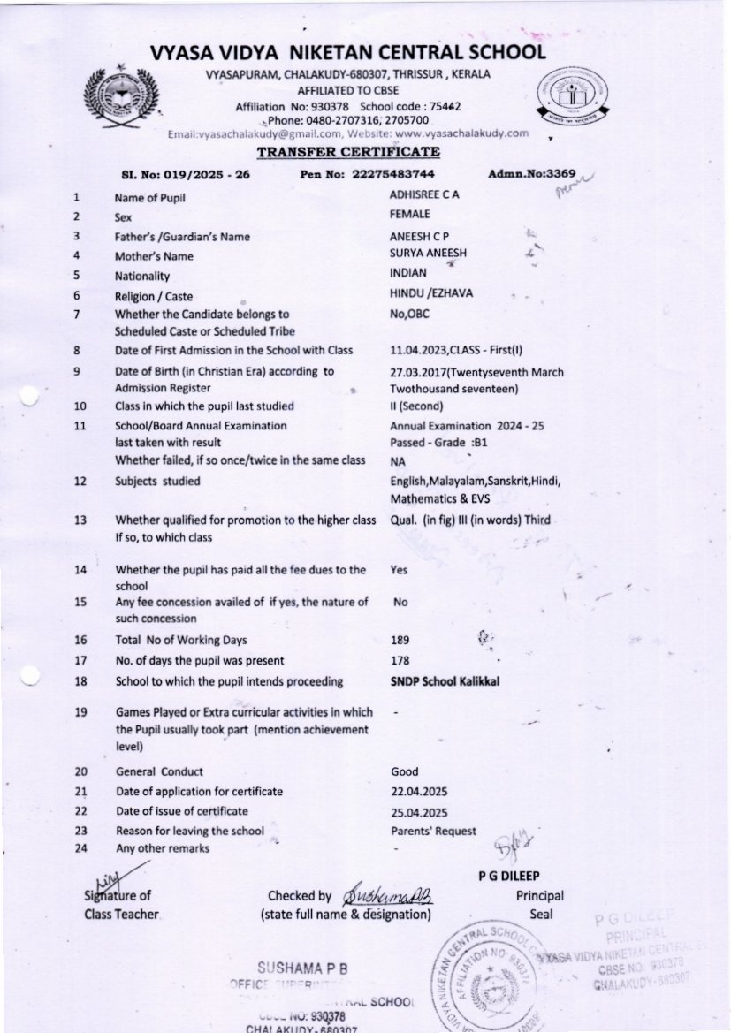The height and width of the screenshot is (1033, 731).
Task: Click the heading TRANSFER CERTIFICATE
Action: coord(348,152)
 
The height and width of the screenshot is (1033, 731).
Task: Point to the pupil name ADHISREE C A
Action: coord(425,194)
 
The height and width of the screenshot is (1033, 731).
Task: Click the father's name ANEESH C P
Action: coord(420,236)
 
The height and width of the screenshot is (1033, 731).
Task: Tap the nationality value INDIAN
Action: coord(408,273)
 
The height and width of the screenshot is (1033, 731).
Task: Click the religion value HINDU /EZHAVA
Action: coord(427,293)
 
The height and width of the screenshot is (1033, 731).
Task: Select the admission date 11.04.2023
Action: coord(419,350)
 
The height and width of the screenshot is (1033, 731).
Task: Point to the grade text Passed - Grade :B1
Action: coord(439,442)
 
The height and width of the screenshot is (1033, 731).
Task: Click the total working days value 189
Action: coord(400,640)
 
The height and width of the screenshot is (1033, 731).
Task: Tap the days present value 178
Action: coord(400,660)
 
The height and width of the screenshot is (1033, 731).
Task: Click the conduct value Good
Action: coord(404,771)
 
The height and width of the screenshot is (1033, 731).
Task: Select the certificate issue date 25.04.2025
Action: coord(419,812)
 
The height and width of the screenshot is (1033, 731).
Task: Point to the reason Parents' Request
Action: coord(433,831)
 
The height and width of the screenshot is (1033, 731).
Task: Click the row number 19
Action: coord(80,712)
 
